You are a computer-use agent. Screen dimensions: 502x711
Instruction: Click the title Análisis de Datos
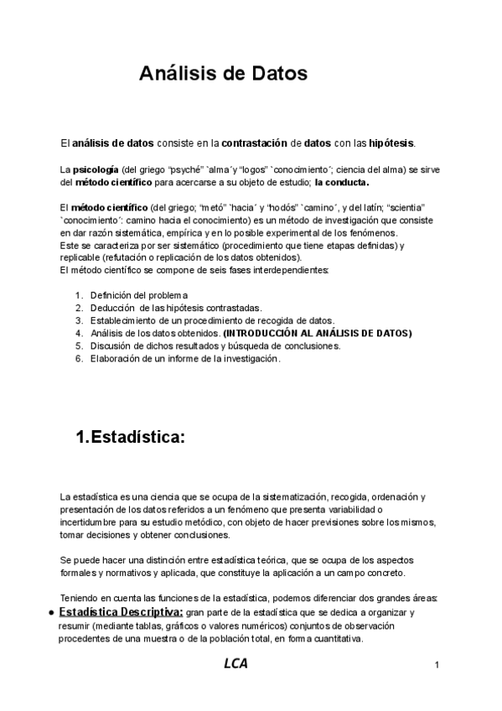point(223,74)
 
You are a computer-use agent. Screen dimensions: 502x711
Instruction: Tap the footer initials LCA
point(235,664)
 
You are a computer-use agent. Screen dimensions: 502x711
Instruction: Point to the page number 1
point(437,666)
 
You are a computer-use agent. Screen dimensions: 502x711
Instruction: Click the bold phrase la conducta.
point(341,181)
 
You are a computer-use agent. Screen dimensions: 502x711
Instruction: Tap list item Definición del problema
point(139,295)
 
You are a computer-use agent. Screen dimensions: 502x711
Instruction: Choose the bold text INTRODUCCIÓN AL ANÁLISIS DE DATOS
point(318,333)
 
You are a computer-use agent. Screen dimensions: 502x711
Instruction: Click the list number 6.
point(78,359)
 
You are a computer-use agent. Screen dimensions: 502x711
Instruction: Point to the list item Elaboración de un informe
point(185,359)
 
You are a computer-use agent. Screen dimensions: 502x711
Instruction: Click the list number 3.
point(78,320)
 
